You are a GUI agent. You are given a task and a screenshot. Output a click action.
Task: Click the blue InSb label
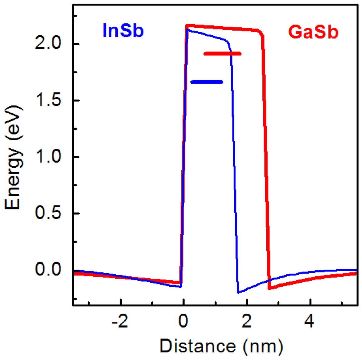click(123, 31)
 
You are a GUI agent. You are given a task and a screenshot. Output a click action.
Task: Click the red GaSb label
click(313, 32)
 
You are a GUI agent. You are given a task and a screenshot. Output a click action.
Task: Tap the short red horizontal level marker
click(222, 54)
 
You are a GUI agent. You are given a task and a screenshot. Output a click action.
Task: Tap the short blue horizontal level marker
click(207, 82)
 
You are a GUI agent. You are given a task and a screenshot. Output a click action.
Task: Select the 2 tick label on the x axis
click(247, 322)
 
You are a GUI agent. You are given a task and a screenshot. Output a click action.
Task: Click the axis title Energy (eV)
click(13, 158)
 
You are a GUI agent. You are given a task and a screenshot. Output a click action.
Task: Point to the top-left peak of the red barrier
click(186, 25)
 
